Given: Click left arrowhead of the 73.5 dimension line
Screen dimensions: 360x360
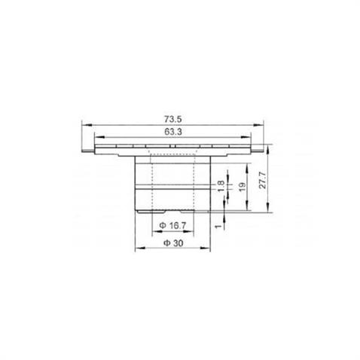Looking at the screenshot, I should click(x=84, y=125).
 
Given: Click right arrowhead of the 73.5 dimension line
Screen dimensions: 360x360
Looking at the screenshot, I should click(x=264, y=125).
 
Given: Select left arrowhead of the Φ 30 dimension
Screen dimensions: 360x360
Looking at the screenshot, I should click(x=136, y=249).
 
